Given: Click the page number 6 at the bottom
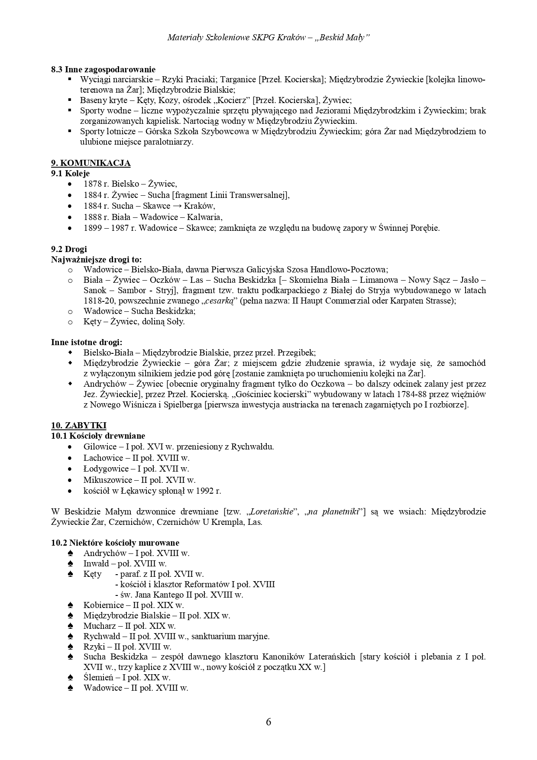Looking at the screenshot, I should pyautogui.click(x=268, y=722).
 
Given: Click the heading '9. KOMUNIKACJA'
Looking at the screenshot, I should pyautogui.click(x=91, y=163).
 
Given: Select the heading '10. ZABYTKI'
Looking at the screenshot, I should pyautogui.click(x=78, y=425).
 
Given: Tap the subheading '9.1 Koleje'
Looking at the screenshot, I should pyautogui.click(x=70, y=173).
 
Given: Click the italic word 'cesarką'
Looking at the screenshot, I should pyautogui.click(x=220, y=301).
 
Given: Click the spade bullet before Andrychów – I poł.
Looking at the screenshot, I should pyautogui.click(x=71, y=553).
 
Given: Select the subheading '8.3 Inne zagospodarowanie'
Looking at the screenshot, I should pyautogui.click(x=103, y=69).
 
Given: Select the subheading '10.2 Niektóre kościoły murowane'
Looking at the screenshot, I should pyautogui.click(x=115, y=543).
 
